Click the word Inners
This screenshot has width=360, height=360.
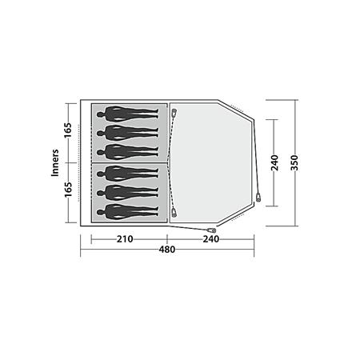coord(55,162)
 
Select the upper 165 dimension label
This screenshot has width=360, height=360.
coord(68,130)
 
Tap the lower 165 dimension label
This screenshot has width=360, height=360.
coord(68,190)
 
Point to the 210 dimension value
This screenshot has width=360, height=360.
coord(125,239)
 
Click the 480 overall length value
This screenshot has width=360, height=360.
coord(167,250)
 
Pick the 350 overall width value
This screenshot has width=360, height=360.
coord(294,162)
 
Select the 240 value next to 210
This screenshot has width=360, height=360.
coord(211,239)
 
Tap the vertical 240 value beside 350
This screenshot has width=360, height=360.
coord(274,162)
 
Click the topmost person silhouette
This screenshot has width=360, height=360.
coord(128,114)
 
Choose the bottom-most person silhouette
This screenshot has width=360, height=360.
coord(128,212)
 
